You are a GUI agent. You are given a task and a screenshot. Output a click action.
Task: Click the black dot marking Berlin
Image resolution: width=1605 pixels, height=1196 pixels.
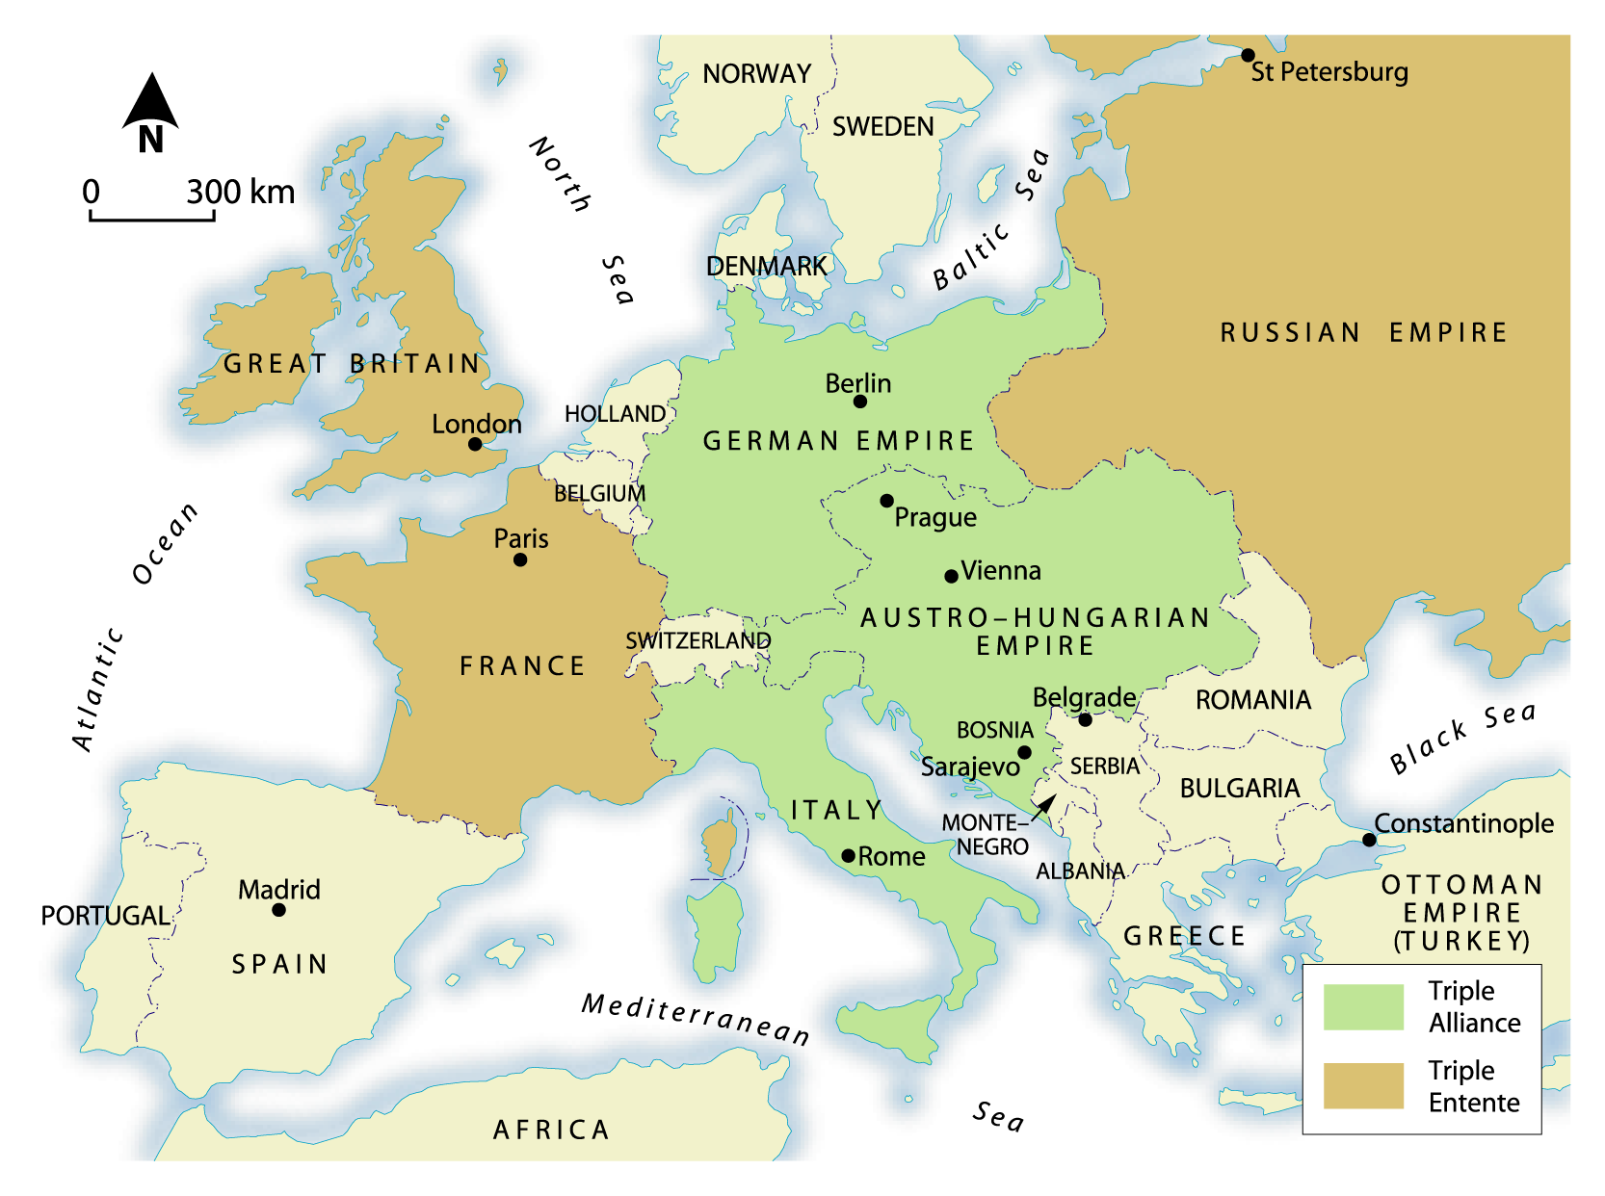pos(860,402)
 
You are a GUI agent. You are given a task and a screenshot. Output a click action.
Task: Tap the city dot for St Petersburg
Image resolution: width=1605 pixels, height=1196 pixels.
pos(1248,55)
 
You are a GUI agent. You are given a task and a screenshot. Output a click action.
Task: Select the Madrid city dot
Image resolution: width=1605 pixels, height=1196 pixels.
pos(278,910)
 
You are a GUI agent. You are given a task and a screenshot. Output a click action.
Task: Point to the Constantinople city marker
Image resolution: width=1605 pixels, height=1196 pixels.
pos(1369,840)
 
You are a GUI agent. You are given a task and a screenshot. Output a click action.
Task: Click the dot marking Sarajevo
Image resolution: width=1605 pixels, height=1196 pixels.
pos(1024,752)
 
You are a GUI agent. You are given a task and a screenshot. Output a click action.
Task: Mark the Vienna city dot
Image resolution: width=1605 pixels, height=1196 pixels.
pos(951,576)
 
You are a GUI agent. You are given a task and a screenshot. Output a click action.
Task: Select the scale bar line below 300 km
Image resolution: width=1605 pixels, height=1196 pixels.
pos(152,219)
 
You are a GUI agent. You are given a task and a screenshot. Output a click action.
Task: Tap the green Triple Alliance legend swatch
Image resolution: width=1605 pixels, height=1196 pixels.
pos(1363,1007)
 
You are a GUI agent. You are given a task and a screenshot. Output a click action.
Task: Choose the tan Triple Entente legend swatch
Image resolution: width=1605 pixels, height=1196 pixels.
pos(1363,1085)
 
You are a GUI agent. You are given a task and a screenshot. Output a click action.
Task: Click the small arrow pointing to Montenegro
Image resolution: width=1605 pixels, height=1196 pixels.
pos(1043,807)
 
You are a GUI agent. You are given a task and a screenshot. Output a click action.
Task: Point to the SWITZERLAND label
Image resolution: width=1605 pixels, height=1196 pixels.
pos(697,640)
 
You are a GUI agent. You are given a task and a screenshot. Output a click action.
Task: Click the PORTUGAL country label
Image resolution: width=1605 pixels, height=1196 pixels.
pos(105,916)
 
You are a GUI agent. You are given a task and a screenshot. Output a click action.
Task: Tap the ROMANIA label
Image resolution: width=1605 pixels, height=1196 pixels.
pos(1252,700)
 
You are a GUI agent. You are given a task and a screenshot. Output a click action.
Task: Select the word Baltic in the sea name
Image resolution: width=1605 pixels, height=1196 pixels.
pos(971,257)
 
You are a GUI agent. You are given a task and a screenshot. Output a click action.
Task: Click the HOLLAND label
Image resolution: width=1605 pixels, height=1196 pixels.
pos(615,414)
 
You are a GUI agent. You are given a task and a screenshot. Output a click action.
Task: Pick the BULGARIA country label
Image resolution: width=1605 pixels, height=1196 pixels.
pos(1239,789)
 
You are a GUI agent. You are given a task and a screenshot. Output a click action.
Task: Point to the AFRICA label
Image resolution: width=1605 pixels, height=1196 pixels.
pos(551,1130)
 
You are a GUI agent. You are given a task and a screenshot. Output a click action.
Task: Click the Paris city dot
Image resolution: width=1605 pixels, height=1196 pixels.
pos(520,559)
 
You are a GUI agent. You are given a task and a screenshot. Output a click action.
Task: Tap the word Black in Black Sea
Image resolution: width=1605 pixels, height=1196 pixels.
pos(1429,747)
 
